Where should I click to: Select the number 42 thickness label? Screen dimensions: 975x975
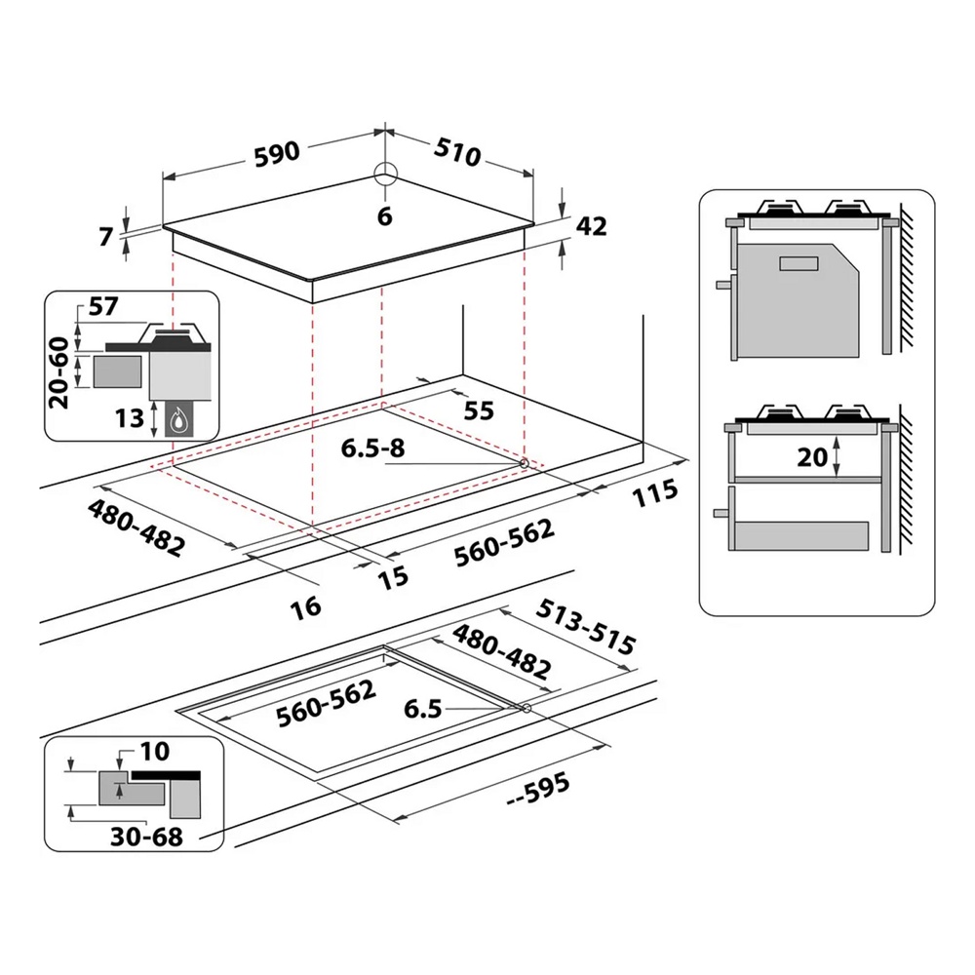591,225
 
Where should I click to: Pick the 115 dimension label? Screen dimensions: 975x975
652,492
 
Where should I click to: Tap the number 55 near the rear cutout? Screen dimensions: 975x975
478,410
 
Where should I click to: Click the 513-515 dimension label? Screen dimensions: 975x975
587,629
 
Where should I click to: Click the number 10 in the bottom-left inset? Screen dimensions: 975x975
153,751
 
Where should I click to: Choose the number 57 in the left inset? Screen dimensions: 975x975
102,306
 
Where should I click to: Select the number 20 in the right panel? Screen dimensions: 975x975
812,456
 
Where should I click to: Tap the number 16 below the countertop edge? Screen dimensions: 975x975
305,606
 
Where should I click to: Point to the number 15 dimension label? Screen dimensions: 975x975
392,577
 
